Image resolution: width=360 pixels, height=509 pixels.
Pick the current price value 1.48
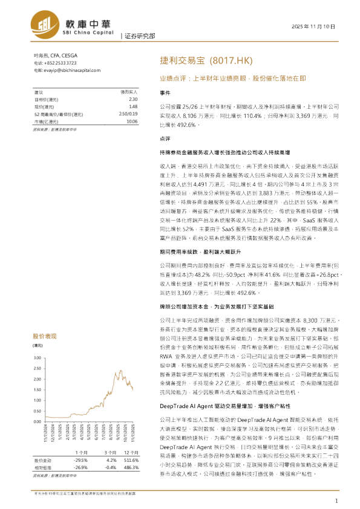tap(133, 106)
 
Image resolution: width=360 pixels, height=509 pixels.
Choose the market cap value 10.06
tap(132, 121)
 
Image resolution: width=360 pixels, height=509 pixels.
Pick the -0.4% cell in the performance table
tap(110, 467)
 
